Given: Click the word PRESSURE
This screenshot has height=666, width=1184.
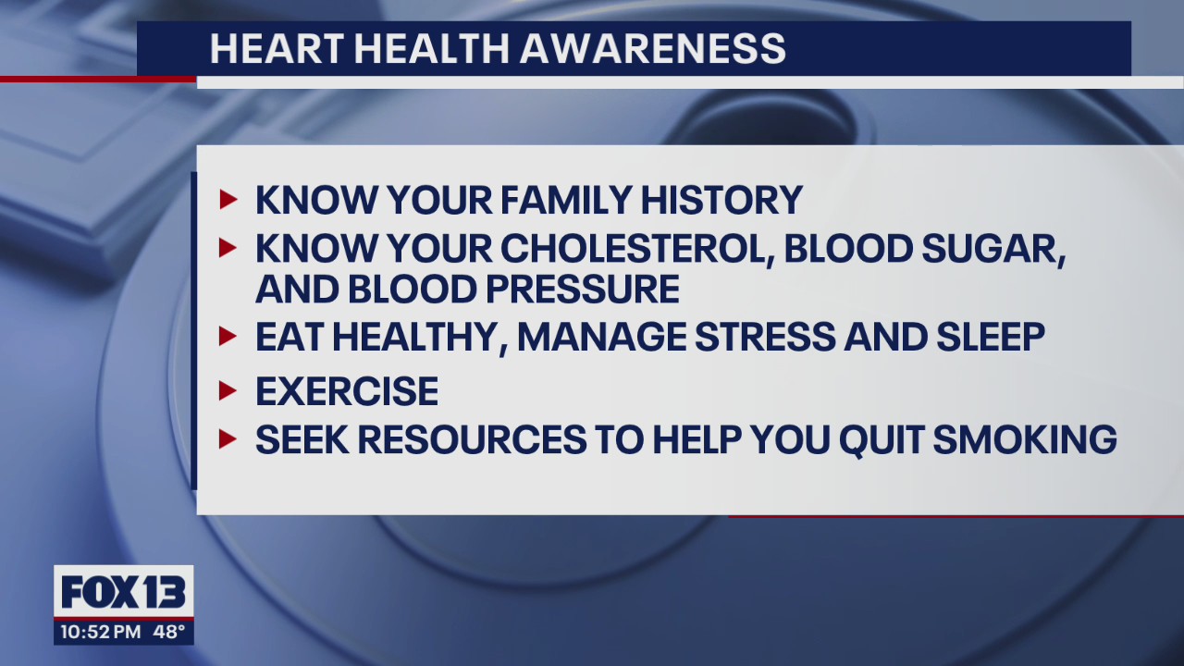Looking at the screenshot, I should [578, 290].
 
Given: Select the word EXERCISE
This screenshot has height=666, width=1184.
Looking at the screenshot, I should [347, 392].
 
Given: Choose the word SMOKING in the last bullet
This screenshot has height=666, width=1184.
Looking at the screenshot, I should [1024, 439].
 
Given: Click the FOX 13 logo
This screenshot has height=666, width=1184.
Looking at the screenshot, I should [124, 592].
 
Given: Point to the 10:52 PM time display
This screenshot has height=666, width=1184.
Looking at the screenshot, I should [100, 633].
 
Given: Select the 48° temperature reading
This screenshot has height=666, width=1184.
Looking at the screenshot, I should [168, 633].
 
